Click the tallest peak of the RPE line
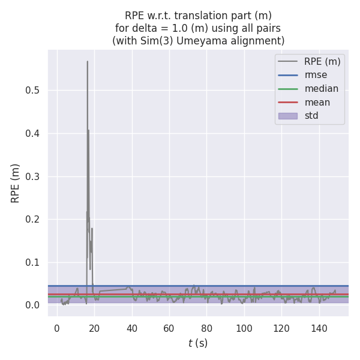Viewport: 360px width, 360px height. (87, 61)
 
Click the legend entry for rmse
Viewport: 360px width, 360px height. (316, 75)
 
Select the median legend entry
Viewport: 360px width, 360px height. (321, 89)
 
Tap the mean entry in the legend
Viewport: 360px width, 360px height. (317, 102)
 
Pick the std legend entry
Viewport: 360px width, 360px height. (311, 116)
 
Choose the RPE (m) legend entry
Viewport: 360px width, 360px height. (322, 61)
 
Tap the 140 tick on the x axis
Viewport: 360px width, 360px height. (319, 328)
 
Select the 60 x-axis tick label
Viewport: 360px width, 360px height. (169, 328)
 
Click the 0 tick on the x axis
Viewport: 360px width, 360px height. (57, 328)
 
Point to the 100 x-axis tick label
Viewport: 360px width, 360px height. (244, 328)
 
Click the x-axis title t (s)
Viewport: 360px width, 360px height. (198, 343)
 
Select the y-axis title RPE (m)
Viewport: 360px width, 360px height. (16, 183)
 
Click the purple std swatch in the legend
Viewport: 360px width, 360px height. (287, 116)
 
